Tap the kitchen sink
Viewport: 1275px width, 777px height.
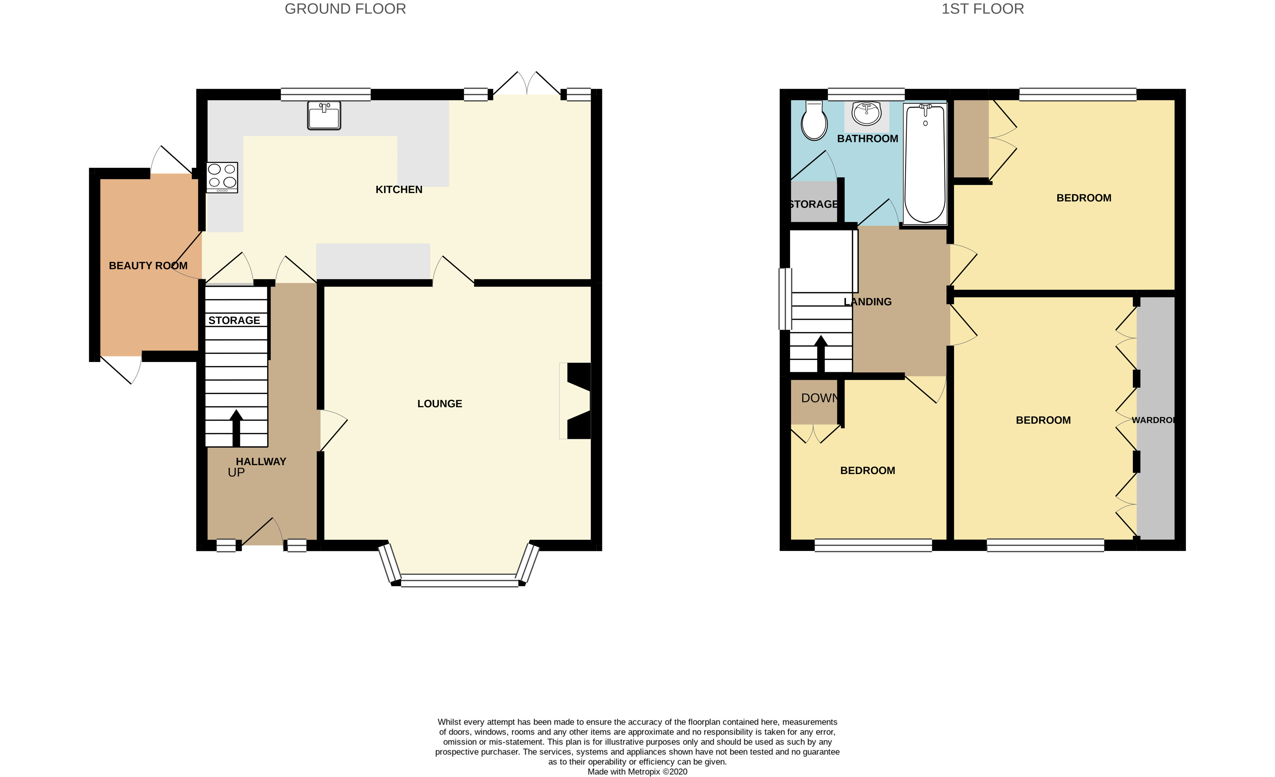pos(324,115)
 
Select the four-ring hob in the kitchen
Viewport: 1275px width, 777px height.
pos(222,177)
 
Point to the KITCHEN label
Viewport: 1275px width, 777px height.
pos(398,190)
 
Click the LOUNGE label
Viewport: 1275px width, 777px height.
pos(439,403)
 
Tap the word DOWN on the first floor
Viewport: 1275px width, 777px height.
pos(819,398)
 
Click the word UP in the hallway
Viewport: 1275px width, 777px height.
pos(236,472)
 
